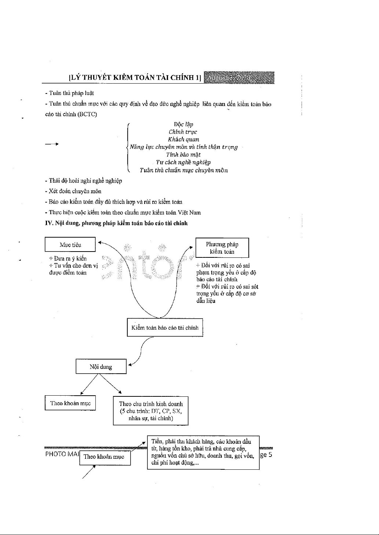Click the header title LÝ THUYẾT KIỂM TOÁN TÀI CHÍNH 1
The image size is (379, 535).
pos(135,77)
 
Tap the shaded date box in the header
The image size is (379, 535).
pos(239,77)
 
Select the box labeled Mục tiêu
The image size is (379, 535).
pos(70,245)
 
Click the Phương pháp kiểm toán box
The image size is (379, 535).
pos(222,248)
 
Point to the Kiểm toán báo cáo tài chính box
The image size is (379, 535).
pos(165,328)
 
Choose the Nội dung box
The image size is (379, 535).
pos(101,367)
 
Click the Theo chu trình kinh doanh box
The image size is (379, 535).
pos(150,411)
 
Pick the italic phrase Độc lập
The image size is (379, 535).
pos(183,124)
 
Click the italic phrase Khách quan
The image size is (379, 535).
pos(183,139)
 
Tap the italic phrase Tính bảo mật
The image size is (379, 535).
pos(183,154)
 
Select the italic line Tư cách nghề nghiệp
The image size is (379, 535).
pos(183,162)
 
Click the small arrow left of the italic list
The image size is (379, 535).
pos(52,144)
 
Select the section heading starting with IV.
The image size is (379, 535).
pos(116,223)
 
